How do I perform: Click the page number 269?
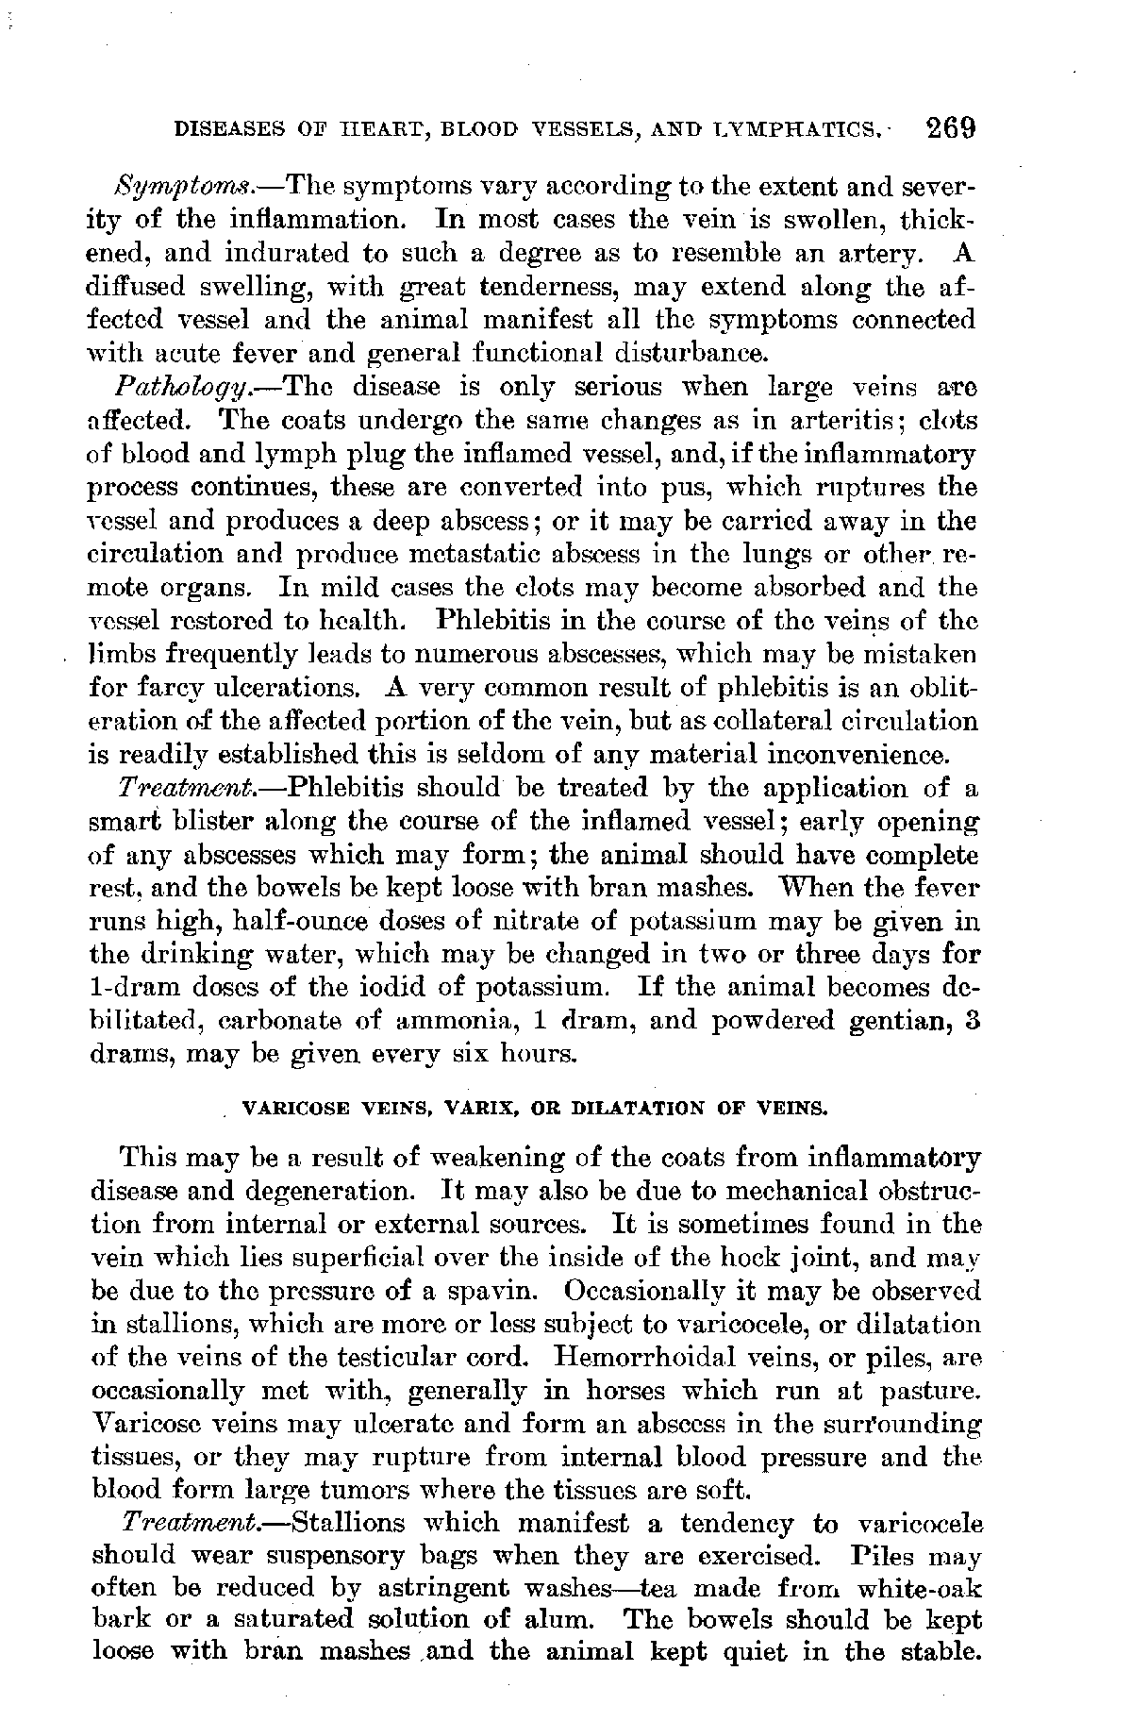coord(949,128)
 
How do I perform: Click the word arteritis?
coord(845,420)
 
